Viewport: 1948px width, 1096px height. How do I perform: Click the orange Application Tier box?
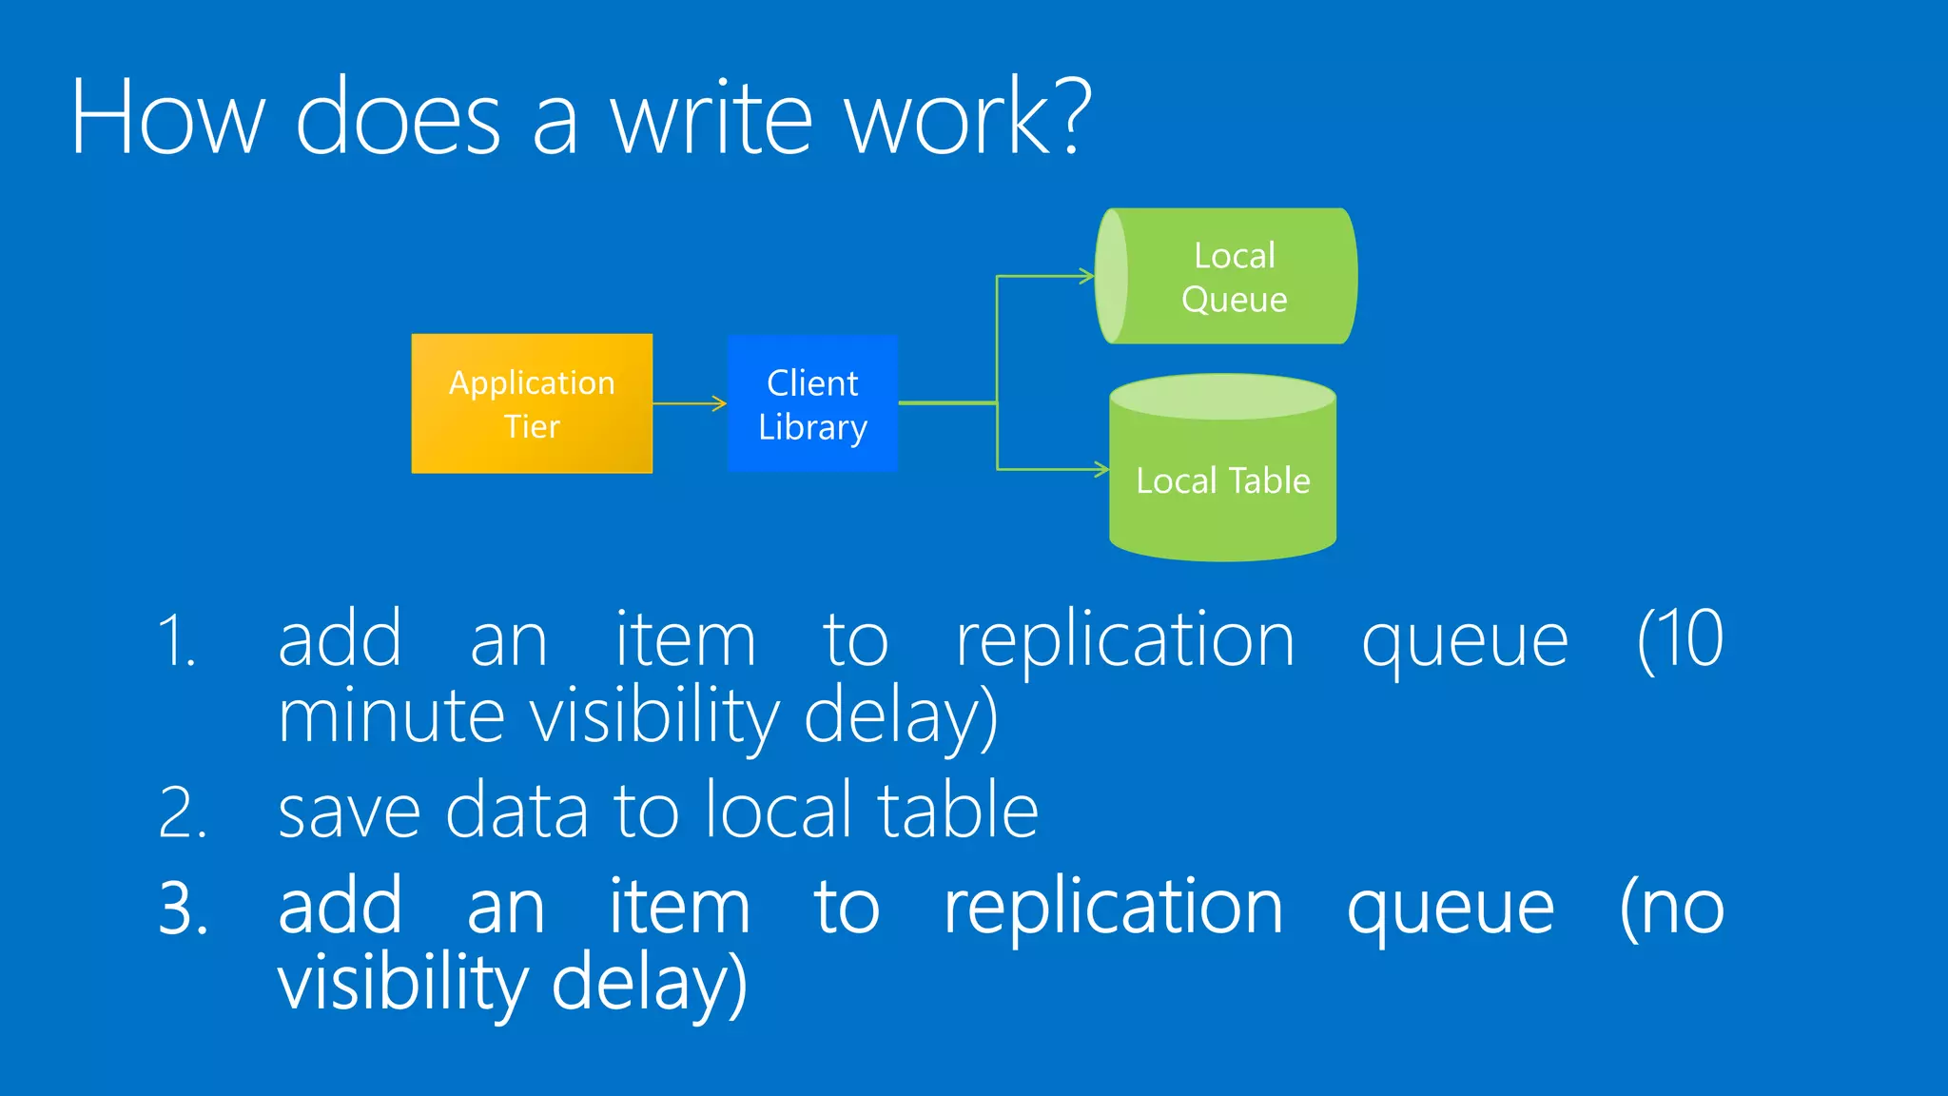532,403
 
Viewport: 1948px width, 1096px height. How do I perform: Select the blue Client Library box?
812,403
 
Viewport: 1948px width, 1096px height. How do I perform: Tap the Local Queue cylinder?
1227,276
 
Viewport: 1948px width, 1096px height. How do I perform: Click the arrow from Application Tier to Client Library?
690,403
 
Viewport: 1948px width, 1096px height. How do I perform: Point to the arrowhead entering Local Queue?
1087,277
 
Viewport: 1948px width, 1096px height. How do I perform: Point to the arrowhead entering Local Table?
1101,469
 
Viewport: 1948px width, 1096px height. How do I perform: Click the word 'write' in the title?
711,118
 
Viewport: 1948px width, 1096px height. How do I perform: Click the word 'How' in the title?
167,118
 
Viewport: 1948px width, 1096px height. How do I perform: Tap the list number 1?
177,641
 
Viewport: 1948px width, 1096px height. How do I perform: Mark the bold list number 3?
183,909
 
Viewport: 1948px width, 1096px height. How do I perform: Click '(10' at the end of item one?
1680,639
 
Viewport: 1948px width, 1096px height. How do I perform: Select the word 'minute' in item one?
391,716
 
